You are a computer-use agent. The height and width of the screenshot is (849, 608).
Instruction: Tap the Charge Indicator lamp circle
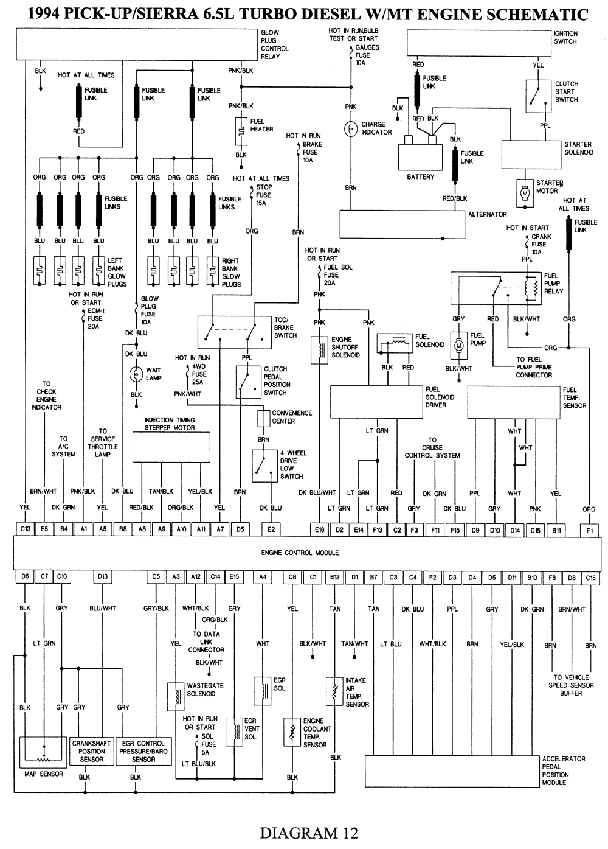[351, 129]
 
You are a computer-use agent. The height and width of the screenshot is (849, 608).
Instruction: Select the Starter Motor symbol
[524, 192]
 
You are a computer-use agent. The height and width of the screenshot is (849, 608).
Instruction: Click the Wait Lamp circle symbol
[136, 374]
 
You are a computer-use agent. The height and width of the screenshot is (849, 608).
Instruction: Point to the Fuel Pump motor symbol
[459, 345]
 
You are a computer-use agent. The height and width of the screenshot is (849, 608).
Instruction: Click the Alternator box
[402, 224]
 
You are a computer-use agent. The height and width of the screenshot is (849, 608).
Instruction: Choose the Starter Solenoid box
[531, 155]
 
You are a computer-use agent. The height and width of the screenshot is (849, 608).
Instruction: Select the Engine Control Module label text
[300, 553]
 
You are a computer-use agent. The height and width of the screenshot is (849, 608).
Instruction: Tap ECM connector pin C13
[26, 529]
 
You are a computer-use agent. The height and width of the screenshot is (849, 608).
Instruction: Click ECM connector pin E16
[320, 529]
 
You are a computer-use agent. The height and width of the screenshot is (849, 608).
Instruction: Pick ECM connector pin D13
[103, 576]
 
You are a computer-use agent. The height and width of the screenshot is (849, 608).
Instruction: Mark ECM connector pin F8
[552, 576]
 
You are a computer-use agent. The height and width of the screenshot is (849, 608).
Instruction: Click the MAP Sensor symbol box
[43, 753]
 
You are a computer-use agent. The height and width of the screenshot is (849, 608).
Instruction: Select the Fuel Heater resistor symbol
[241, 130]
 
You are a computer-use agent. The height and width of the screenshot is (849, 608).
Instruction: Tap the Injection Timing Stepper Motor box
[171, 447]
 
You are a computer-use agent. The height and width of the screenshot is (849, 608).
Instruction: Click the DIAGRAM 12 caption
[309, 833]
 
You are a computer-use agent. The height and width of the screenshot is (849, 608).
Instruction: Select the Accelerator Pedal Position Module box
[452, 771]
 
